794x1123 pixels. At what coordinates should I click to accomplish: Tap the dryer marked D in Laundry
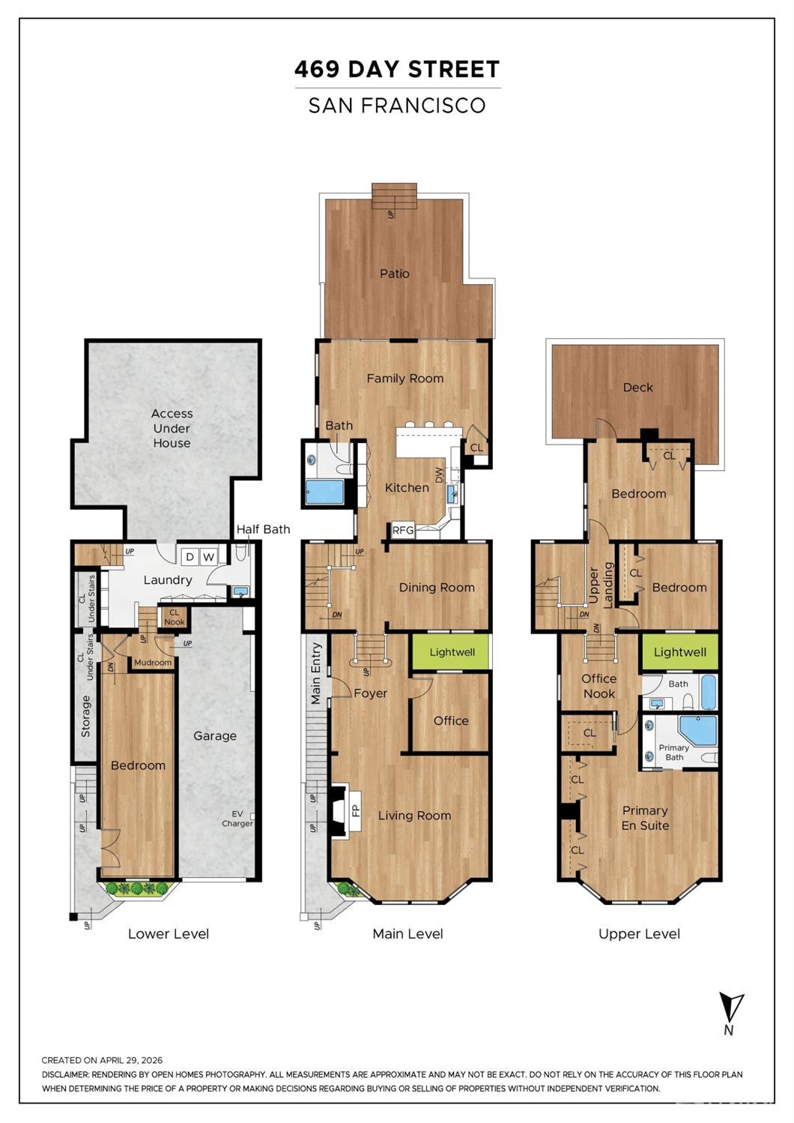click(190, 556)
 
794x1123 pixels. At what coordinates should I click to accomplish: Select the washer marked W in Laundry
click(208, 556)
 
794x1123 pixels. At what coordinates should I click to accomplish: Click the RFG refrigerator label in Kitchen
click(403, 530)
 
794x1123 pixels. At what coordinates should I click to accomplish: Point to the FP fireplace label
click(356, 810)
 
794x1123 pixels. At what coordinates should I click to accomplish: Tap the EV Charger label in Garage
click(237, 819)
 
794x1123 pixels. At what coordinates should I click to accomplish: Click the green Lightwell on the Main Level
click(452, 651)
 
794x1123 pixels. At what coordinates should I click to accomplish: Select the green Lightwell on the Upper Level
click(680, 651)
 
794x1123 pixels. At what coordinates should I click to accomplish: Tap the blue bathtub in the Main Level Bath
click(324, 492)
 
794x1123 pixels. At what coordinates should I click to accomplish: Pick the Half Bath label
click(263, 529)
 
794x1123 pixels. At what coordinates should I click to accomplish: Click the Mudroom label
click(153, 662)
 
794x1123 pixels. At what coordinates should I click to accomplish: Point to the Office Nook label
click(599, 686)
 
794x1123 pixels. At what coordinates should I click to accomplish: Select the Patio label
click(395, 273)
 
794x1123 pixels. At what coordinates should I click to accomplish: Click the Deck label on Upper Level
click(638, 387)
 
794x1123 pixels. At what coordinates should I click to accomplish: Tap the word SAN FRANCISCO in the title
click(397, 105)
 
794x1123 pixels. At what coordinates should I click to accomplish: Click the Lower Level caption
click(169, 933)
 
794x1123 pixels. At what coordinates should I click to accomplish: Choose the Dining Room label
click(437, 587)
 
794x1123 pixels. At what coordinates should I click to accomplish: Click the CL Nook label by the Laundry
click(175, 617)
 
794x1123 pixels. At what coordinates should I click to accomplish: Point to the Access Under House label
click(172, 428)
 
